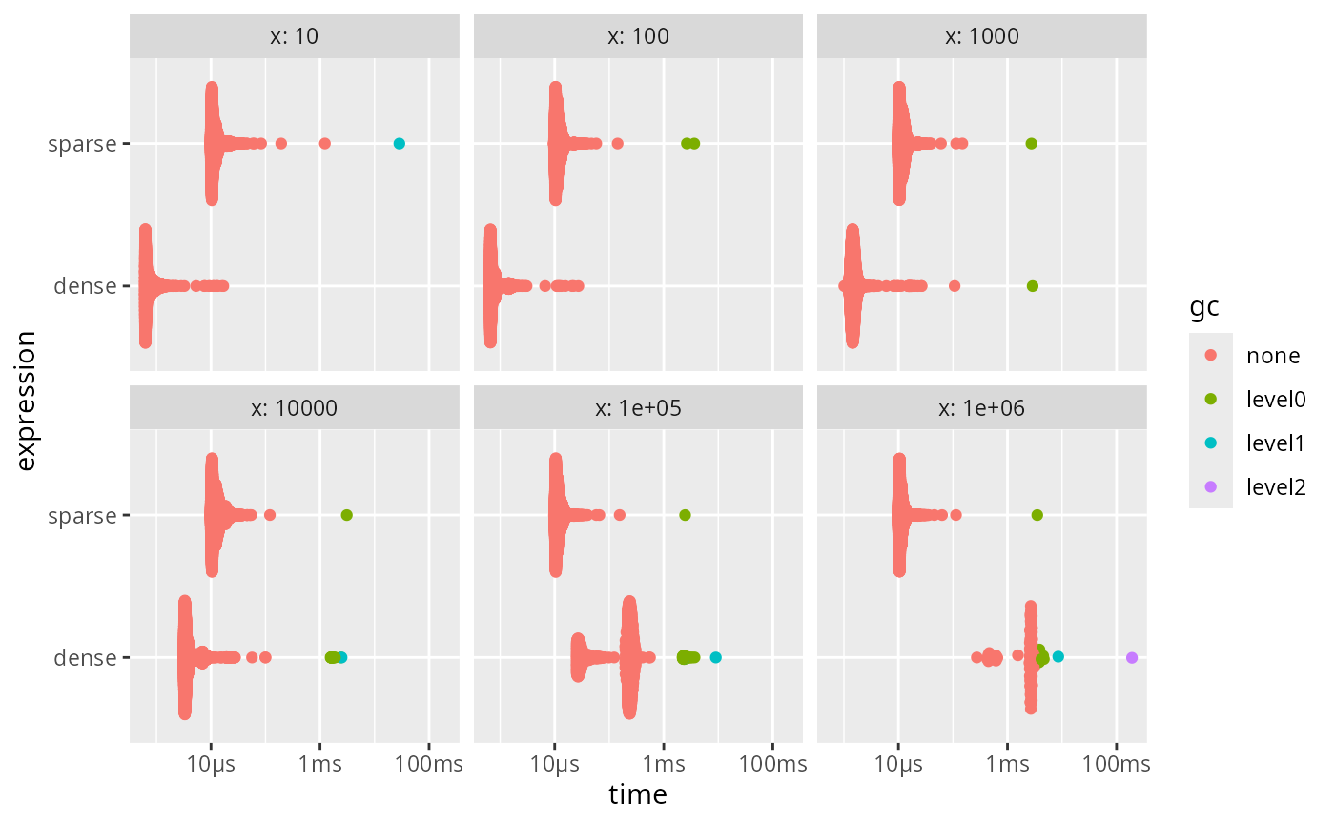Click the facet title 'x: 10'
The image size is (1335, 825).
(x=295, y=37)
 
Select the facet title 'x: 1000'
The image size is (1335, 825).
(x=981, y=37)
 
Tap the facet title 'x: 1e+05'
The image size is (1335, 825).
(x=638, y=408)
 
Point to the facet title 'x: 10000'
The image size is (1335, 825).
(x=295, y=408)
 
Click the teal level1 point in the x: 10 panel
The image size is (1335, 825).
(x=400, y=144)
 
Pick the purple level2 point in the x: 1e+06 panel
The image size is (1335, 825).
(x=1132, y=657)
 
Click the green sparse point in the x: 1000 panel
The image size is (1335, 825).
(x=1031, y=144)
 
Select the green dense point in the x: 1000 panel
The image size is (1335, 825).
(x=1032, y=286)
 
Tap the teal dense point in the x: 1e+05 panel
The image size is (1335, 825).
(x=716, y=657)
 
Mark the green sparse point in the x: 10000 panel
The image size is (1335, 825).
(x=347, y=515)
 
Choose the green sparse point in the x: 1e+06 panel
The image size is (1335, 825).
(x=1037, y=515)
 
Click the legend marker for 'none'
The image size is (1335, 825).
(x=1211, y=356)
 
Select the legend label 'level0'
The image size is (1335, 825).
(x=1276, y=400)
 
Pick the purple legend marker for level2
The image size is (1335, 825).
(x=1211, y=486)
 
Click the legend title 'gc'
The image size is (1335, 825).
(x=1203, y=308)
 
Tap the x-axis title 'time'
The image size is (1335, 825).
(x=638, y=794)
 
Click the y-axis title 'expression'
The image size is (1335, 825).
(x=26, y=401)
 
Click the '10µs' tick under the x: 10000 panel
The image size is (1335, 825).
(x=212, y=764)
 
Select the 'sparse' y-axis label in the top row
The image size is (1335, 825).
(x=82, y=144)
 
